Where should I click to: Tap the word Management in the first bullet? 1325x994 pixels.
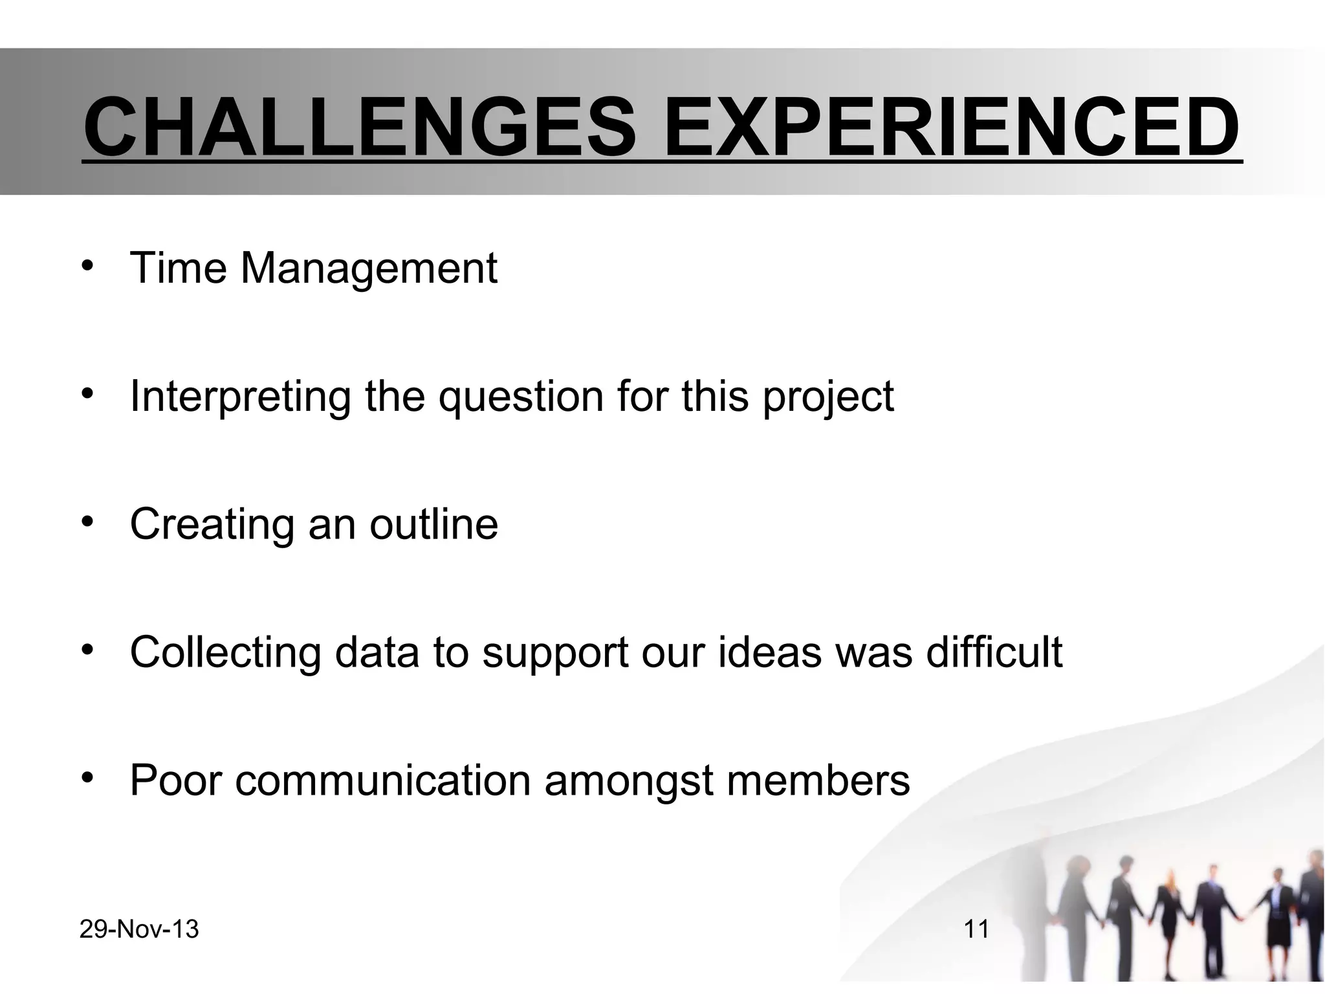click(369, 269)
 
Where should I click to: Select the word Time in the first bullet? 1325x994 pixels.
click(178, 267)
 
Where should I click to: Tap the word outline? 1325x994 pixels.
click(433, 524)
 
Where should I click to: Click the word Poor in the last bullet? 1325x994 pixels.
click(175, 780)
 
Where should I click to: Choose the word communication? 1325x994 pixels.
click(383, 780)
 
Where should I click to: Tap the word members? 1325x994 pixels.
click(818, 780)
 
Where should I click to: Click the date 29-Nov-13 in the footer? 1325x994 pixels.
click(139, 930)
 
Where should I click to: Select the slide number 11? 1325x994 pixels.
click(976, 930)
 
